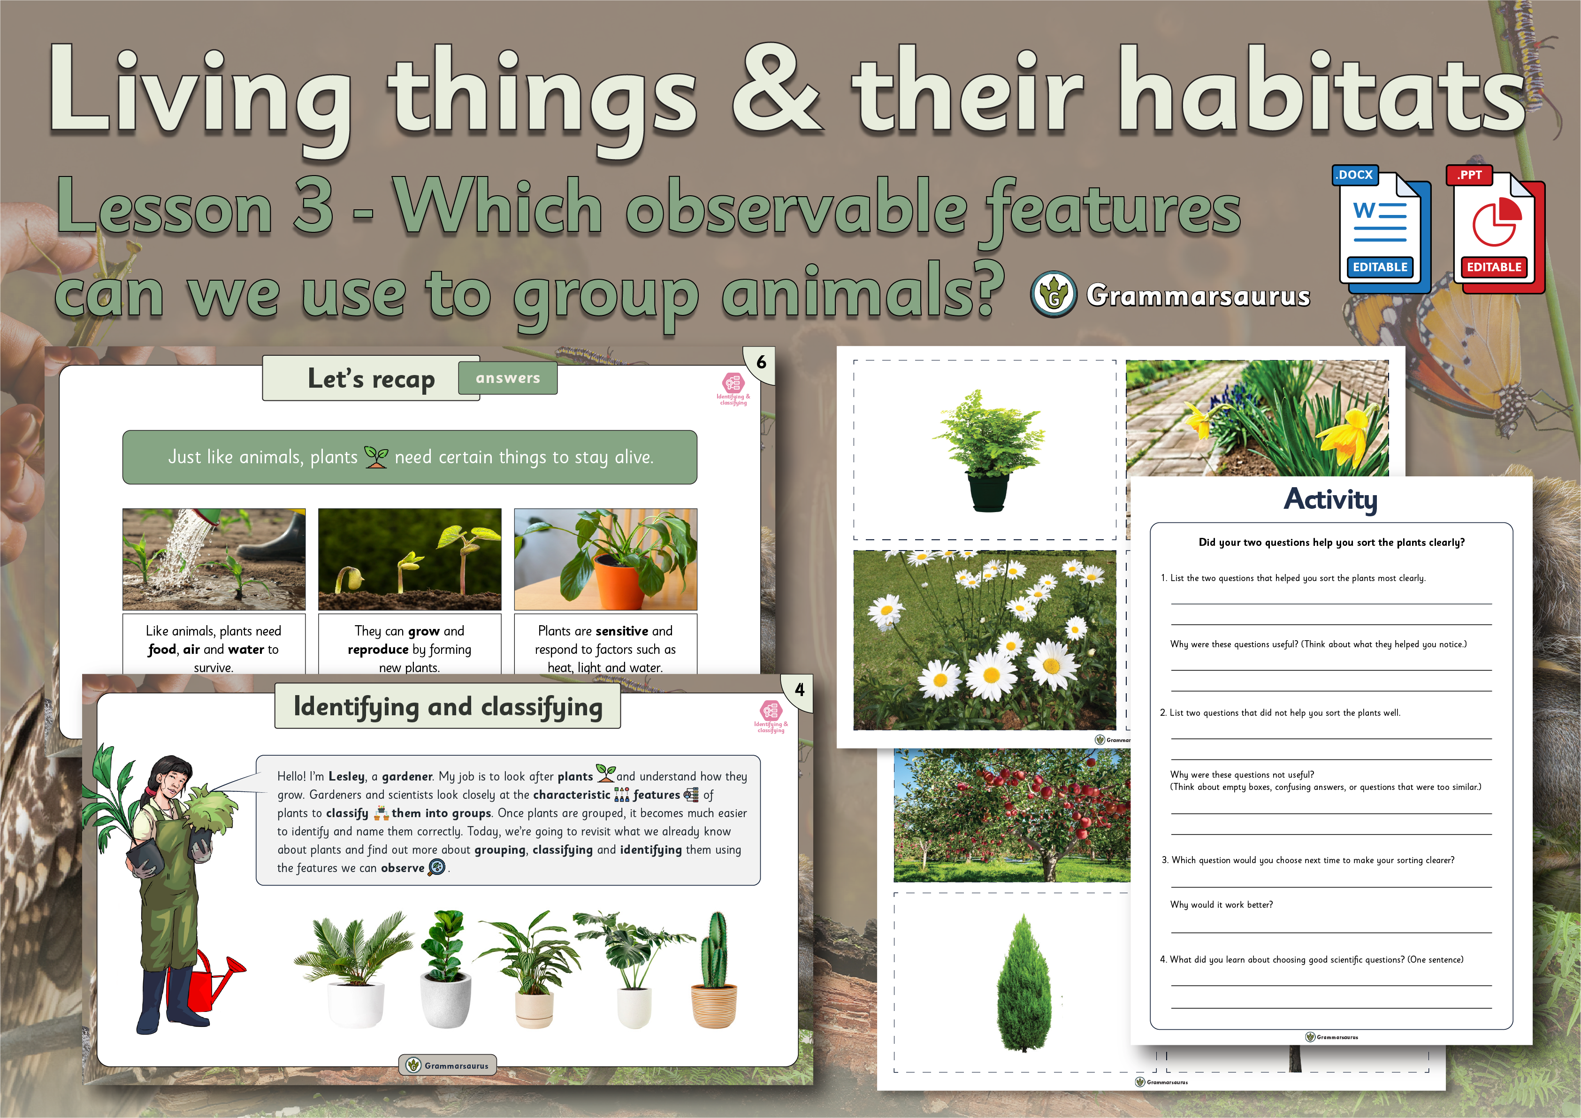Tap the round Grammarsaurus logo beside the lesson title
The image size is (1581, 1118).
pos(1054,295)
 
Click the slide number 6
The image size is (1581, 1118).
pos(761,362)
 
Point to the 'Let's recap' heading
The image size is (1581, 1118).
pos(371,379)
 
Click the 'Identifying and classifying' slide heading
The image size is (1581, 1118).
pos(448,707)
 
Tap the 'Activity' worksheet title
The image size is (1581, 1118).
pos(1330,499)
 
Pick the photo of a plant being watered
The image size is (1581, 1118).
pos(214,559)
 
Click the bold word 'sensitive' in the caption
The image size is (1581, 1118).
pos(622,631)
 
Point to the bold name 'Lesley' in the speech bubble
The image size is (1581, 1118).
pos(346,776)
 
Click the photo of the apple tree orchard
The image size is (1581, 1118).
pos(1012,815)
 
